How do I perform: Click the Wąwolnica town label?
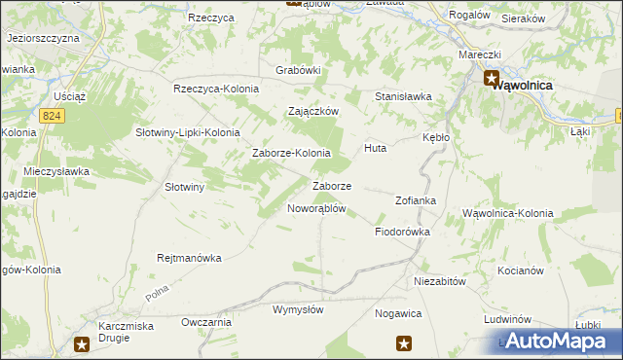pos(522,85)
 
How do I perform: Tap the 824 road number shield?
pos(53,115)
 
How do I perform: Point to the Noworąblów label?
pos(316,208)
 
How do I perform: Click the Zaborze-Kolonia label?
pos(291,153)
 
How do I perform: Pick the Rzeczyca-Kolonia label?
pos(216,89)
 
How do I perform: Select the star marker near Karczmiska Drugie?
pos(83,342)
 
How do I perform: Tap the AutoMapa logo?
pos(555,342)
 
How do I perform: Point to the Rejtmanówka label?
pos(190,258)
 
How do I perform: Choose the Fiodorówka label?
pos(402,232)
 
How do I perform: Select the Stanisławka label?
pos(403,96)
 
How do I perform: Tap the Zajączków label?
pos(312,111)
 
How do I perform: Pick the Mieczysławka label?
pos(56,171)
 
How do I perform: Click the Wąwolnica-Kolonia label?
pos(507,212)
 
